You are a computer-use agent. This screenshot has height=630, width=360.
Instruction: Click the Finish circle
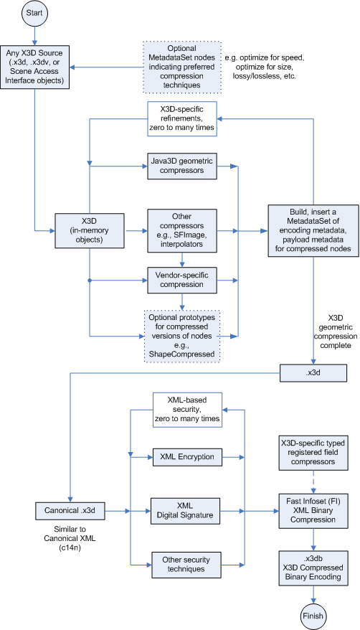(313, 614)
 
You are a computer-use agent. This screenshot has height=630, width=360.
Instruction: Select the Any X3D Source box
(35, 69)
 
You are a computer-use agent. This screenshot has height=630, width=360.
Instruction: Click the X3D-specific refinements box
(182, 119)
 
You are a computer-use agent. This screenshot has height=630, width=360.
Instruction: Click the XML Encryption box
(187, 456)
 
